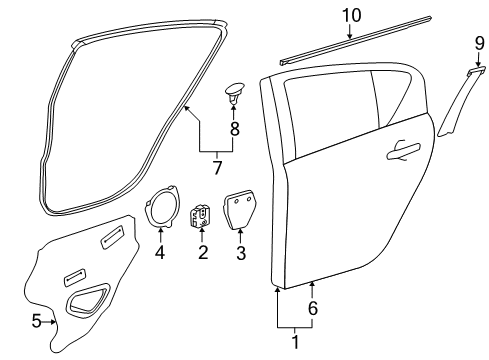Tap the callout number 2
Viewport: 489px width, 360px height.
(202, 252)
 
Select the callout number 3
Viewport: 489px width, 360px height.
(240, 252)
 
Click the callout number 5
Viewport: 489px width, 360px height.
(37, 321)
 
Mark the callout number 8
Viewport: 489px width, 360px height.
(235, 128)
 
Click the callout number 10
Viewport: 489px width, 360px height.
(350, 15)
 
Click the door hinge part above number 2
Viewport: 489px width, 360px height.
(202, 217)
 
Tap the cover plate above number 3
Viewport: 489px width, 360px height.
(240, 212)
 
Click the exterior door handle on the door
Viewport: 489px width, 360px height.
(403, 150)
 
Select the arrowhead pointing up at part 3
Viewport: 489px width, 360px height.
(240, 235)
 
